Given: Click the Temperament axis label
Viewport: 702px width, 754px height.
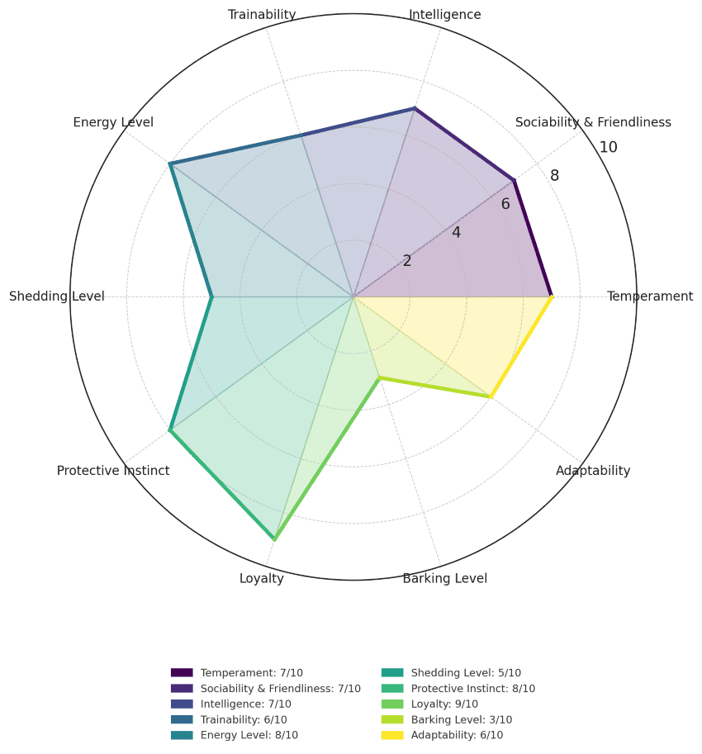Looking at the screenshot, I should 649,296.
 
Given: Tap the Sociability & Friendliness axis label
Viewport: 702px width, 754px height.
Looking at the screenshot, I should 593,122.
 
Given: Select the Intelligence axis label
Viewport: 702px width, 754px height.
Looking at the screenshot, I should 444,15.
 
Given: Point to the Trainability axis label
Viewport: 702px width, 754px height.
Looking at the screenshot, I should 262,15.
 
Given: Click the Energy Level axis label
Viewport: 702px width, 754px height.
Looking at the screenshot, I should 113,122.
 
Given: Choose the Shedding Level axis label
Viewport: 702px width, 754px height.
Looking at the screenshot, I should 57,296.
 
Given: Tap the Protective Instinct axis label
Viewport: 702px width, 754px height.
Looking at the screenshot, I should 113,471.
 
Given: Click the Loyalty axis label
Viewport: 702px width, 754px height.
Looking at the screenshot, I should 262,578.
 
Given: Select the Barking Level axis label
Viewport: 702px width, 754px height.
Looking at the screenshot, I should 444,578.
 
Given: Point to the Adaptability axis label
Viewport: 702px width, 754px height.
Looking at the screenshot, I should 593,471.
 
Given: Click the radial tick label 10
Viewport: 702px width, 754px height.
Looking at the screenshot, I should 609,148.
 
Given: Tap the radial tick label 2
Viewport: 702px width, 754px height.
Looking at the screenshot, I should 407,261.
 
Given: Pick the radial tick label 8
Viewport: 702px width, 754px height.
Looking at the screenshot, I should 554,176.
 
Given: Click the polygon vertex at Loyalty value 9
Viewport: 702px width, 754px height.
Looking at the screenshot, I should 274,539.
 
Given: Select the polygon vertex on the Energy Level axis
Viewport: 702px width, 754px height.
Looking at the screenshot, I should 170,164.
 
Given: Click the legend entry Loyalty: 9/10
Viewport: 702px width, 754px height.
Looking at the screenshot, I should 444,704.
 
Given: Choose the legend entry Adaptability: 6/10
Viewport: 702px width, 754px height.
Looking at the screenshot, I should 456,735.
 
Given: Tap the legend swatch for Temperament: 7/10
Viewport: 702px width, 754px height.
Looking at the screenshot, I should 182,673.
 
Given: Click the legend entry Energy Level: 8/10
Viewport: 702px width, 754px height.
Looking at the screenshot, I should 249,735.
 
